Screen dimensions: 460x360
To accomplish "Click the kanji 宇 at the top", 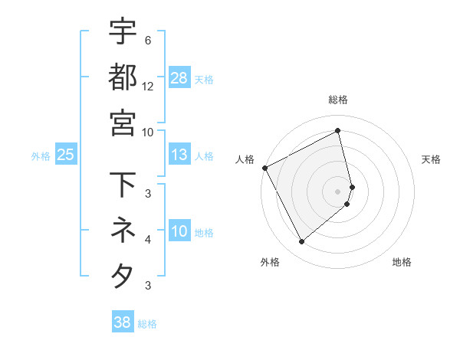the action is (123, 31).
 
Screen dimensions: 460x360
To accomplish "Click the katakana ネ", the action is (123, 229).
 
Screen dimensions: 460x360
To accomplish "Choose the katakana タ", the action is (123, 275).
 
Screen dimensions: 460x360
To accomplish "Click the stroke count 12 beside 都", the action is (148, 87).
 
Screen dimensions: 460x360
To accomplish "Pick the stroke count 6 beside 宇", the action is (147, 41).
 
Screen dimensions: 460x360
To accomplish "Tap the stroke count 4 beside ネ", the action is (147, 240).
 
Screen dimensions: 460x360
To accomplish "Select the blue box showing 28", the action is (179, 77).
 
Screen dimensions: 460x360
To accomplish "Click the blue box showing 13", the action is (179, 155).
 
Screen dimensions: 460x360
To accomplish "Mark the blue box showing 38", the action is (123, 322).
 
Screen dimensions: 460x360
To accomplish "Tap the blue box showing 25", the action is (66, 155).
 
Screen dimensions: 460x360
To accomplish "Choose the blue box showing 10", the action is (179, 232).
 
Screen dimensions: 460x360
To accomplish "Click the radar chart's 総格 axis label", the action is (338, 100).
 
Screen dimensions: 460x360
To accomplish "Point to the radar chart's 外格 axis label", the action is (270, 262).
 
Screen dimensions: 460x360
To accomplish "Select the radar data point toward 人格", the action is (264, 168).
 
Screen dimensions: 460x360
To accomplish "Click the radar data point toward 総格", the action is (338, 131).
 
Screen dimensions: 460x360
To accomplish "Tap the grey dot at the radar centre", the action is (338, 191).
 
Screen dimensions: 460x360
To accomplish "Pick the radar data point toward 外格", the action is (301, 242).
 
